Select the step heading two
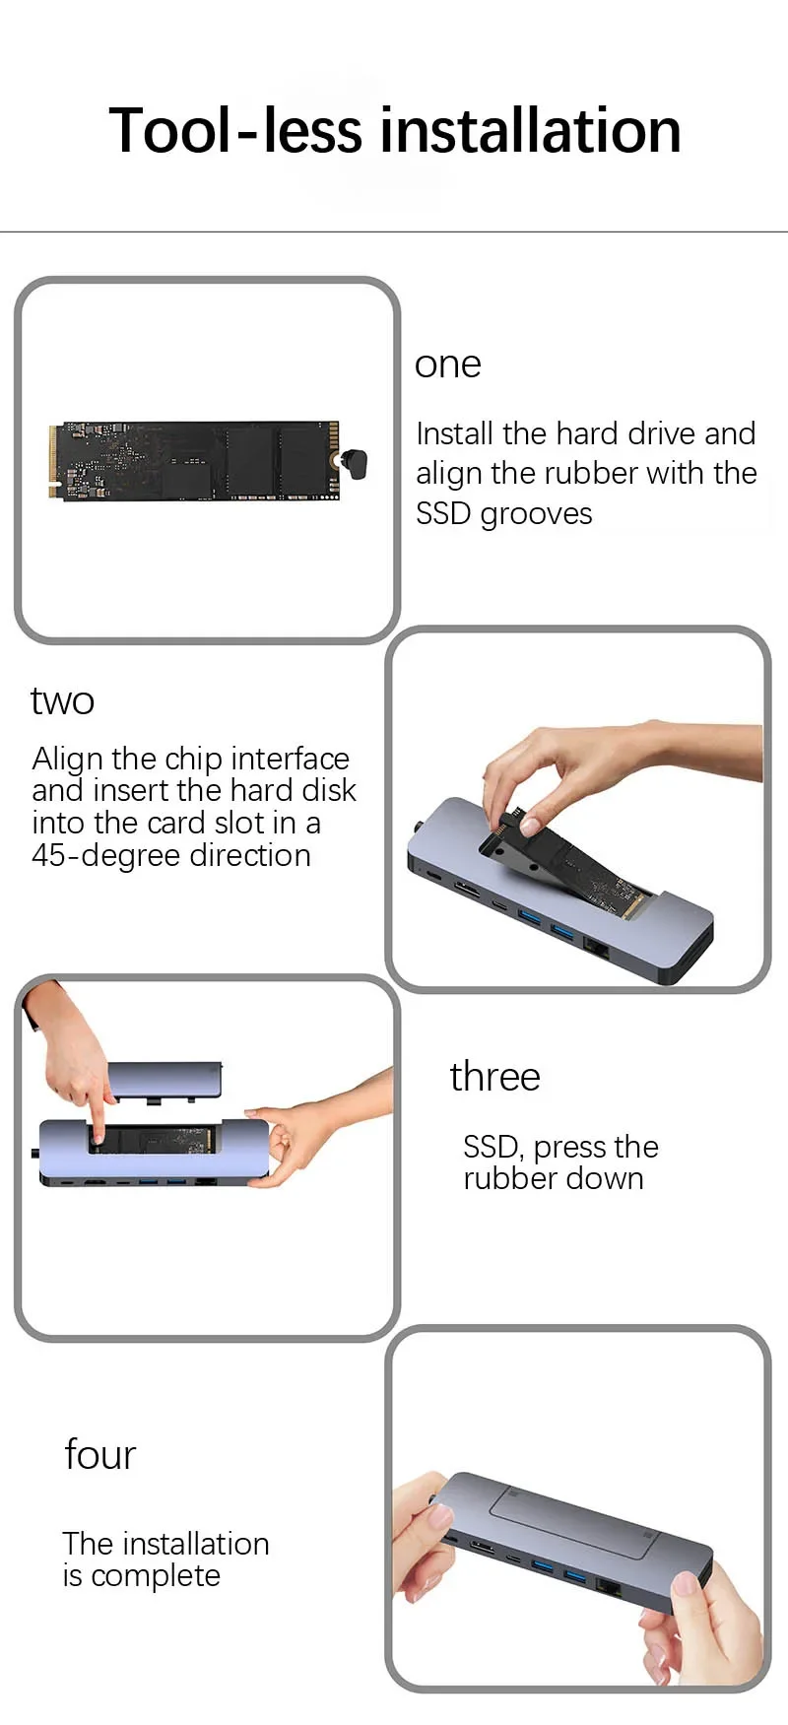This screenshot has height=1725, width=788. pyautogui.click(x=62, y=701)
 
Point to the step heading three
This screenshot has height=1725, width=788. pyautogui.click(x=494, y=1077)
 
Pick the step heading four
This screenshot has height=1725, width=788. pyautogui.click(x=99, y=1455)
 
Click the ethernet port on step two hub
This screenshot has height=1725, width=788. pyautogui.click(x=598, y=949)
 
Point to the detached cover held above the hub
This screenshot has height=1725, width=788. pyautogui.click(x=164, y=1080)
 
